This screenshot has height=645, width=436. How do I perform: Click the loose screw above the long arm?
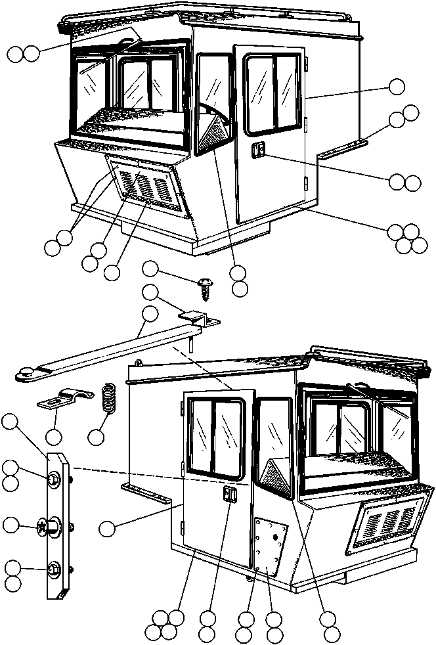[204, 285]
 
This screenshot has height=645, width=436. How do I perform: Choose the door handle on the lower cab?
[229, 496]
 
